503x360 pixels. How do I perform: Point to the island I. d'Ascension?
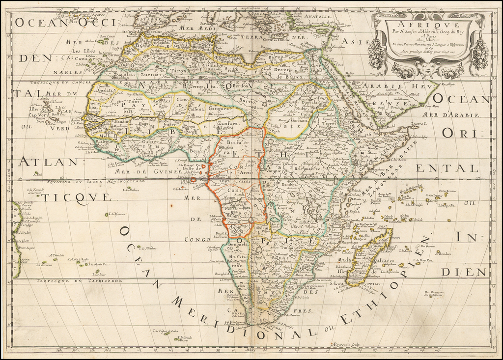point(107,215)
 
